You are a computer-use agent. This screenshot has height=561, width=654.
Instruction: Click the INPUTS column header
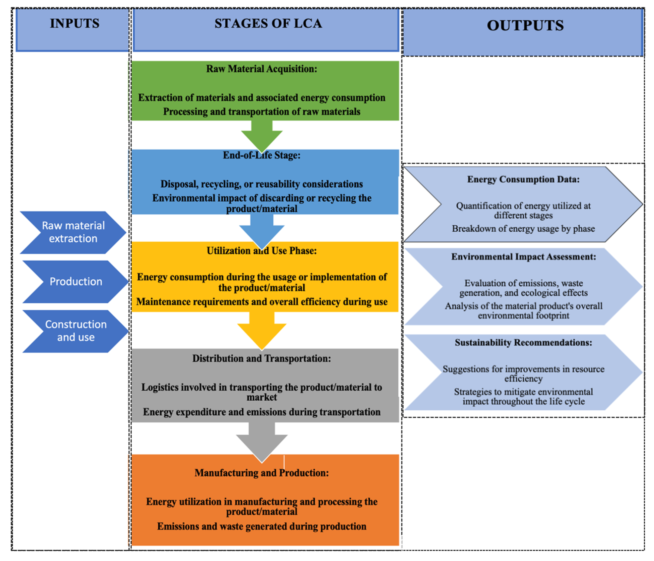(x=74, y=24)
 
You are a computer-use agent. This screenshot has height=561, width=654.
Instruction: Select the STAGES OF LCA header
(x=268, y=24)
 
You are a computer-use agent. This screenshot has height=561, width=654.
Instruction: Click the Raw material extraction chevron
(x=73, y=232)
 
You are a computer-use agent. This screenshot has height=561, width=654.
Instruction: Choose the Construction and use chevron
(x=76, y=331)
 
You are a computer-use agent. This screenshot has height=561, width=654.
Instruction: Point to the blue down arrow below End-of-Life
(x=262, y=230)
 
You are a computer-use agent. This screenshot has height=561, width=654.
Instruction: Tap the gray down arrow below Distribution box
(x=262, y=440)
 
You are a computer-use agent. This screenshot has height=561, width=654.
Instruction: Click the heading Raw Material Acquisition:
(x=262, y=69)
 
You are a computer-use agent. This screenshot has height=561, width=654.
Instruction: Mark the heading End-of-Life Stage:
(x=262, y=155)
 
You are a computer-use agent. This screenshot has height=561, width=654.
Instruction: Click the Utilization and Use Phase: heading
(x=262, y=251)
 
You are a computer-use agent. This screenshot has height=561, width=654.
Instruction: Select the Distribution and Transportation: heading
(x=262, y=359)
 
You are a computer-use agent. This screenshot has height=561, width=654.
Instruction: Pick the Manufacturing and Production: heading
(x=262, y=473)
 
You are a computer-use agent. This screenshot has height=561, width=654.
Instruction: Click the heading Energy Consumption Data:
(x=523, y=179)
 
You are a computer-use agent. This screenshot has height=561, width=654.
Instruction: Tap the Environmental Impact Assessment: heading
(x=523, y=257)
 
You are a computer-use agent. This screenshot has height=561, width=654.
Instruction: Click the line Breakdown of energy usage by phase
(x=523, y=229)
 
